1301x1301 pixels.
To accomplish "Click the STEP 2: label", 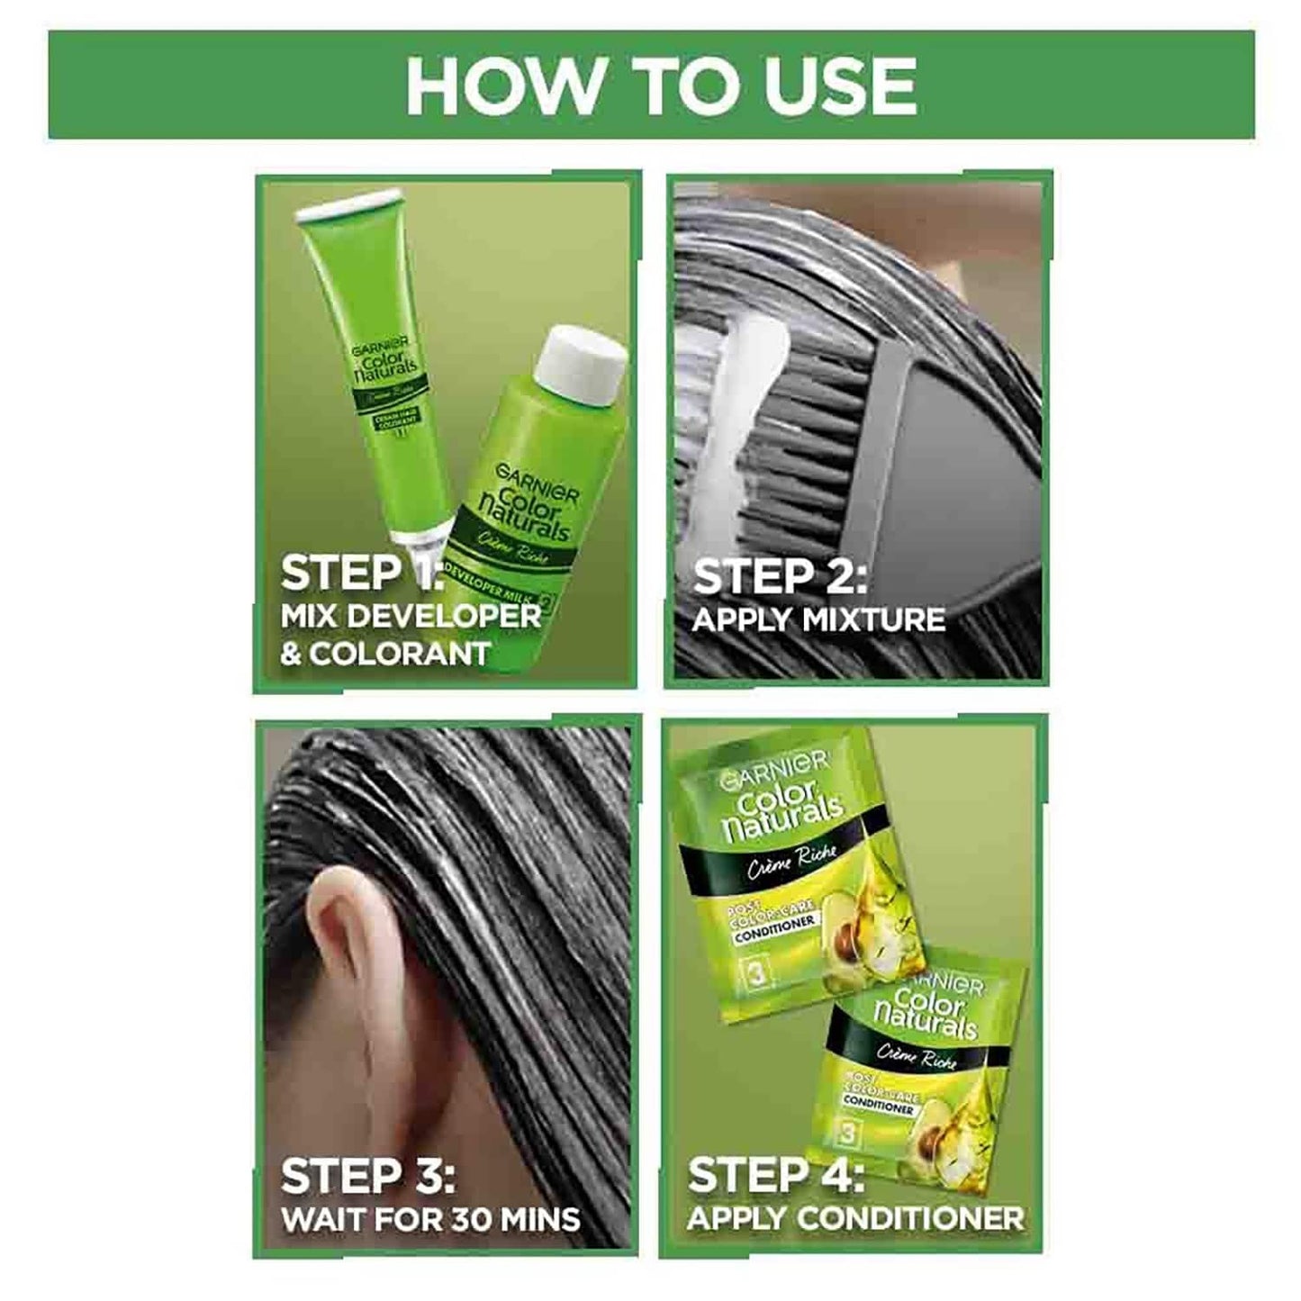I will pyautogui.click(x=779, y=576).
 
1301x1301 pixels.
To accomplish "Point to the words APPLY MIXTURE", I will pyautogui.click(x=818, y=620).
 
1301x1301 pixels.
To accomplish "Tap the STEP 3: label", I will pyautogui.click(x=367, y=1175).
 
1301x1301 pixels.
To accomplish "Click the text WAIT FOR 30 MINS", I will pyautogui.click(x=430, y=1219).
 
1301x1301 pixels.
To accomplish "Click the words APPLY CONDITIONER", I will pyautogui.click(x=854, y=1218).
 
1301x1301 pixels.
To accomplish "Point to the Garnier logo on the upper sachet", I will pyautogui.click(x=772, y=763).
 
